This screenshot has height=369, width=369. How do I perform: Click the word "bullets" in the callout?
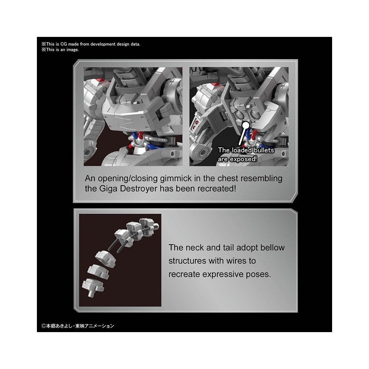tap(264, 150)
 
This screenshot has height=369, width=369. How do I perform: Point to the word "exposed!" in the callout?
tap(243, 159)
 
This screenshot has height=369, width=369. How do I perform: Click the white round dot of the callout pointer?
tap(246, 125)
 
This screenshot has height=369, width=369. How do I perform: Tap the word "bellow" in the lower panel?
tap(272, 248)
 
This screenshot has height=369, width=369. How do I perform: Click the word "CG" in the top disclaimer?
tap(63, 44)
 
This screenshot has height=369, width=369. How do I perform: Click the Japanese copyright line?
tap(78, 326)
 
